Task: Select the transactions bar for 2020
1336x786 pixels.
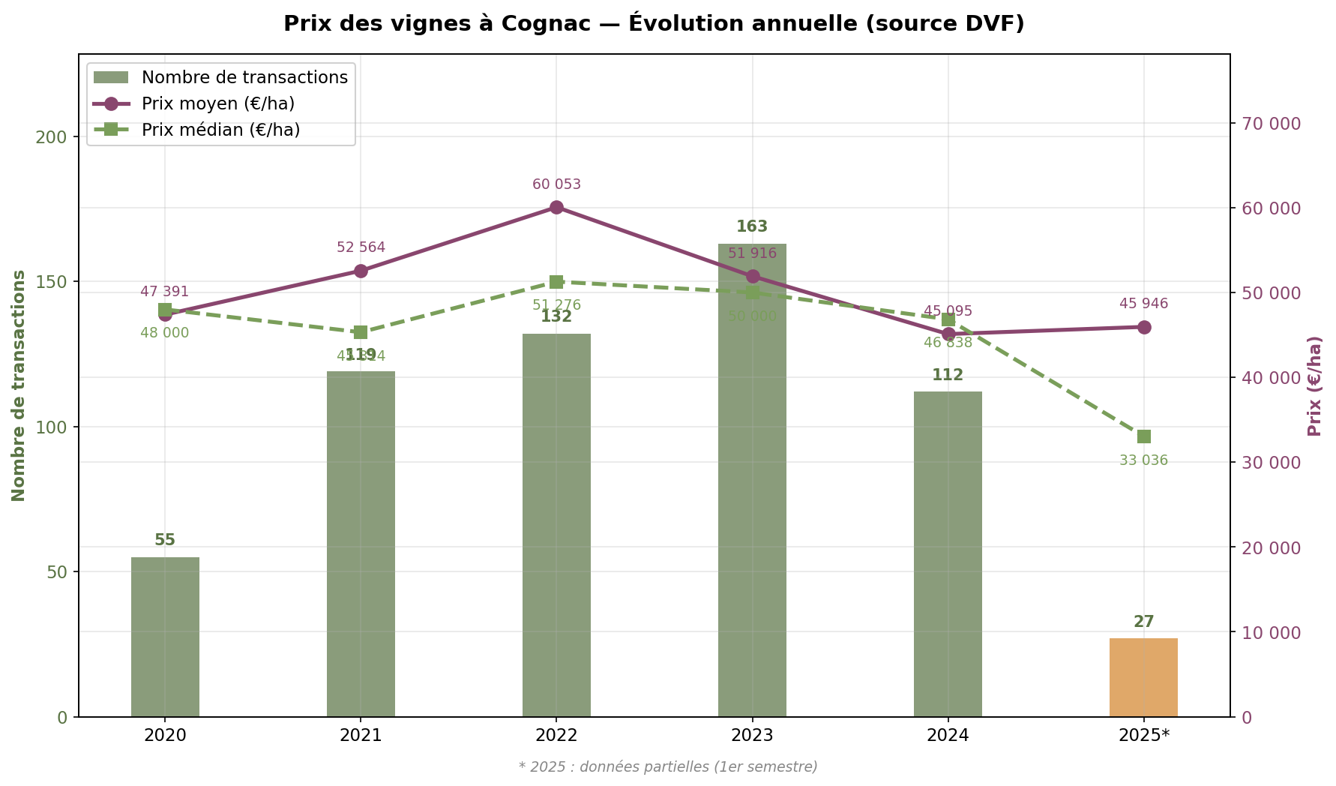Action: tap(165, 637)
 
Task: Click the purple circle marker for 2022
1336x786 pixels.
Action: tap(556, 208)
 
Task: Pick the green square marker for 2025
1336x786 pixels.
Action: tap(1143, 436)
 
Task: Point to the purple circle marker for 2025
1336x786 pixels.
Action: tap(1143, 327)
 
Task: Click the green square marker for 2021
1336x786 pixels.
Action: tap(361, 332)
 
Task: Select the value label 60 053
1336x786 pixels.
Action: tap(556, 184)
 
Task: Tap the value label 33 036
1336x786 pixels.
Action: tap(1143, 460)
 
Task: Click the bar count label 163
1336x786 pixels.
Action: tap(752, 226)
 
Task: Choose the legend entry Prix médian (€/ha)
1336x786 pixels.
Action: tap(220, 130)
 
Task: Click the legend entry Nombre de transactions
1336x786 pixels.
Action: tap(244, 77)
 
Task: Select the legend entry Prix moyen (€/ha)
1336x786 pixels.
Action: tap(217, 103)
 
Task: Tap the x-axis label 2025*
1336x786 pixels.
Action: tap(1143, 736)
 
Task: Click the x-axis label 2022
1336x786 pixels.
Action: tap(556, 736)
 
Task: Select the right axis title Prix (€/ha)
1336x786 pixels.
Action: tap(1314, 385)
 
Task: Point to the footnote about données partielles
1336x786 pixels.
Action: tap(668, 766)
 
